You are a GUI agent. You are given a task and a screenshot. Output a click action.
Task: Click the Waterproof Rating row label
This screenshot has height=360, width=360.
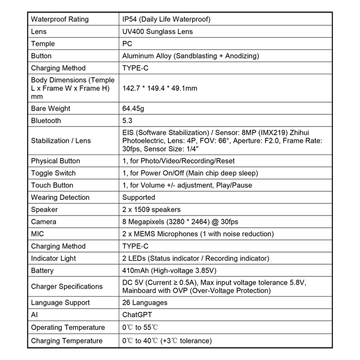tap(60, 20)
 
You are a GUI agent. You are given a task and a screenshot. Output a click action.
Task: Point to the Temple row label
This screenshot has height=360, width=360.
tap(43, 44)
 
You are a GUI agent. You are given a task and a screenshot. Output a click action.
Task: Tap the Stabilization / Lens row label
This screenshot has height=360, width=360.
tap(61, 141)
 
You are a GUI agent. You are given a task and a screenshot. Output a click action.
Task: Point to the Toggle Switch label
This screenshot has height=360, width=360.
tap(53, 173)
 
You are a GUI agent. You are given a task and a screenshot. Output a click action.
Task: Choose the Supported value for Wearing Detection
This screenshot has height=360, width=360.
tap(139, 197)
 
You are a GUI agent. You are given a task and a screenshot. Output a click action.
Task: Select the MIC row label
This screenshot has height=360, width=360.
tap(38, 234)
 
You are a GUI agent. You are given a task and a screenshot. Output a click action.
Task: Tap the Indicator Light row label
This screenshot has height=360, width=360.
tap(54, 258)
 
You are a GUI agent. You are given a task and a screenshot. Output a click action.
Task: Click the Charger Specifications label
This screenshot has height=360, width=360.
tap(67, 287)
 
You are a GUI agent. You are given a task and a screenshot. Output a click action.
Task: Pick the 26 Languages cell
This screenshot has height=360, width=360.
tap(145, 303)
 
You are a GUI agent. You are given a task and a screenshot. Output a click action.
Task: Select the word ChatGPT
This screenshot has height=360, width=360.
tap(138, 315)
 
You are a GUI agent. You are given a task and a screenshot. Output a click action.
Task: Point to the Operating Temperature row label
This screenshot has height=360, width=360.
tap(68, 327)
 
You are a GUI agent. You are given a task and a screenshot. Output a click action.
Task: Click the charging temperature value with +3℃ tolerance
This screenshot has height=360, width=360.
tap(167, 341)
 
